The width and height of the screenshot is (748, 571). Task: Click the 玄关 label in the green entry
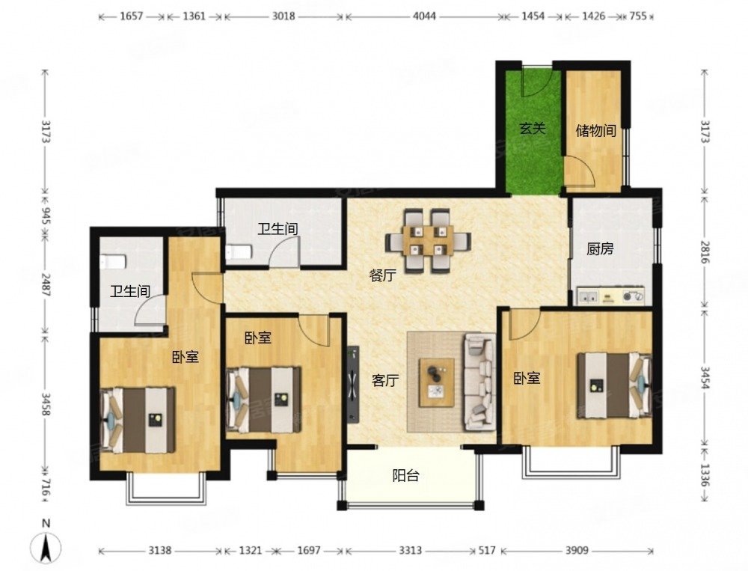point(533,128)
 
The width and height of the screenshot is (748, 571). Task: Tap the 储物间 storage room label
point(595,130)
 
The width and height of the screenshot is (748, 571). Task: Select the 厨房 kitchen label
point(600,248)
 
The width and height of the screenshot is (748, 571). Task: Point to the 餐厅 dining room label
point(382,275)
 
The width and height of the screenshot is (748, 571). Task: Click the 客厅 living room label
point(385,380)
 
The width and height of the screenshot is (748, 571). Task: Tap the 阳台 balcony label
point(406,475)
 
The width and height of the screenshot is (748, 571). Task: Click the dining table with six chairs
point(428,241)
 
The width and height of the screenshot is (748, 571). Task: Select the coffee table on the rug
point(437,383)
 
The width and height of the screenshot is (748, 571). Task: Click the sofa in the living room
point(480,380)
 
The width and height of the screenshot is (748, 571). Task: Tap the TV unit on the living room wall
point(353,385)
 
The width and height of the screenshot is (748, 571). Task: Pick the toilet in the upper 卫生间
point(238,252)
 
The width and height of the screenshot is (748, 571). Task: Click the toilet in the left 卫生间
point(113,262)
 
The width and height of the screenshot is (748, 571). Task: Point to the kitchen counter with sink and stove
point(610,296)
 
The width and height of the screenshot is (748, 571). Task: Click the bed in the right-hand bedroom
point(614,385)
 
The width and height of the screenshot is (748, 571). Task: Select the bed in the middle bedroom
point(263,400)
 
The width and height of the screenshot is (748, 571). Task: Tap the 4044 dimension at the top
point(424,16)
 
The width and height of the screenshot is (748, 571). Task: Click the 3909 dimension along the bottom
point(577,551)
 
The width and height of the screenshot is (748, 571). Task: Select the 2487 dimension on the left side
point(46,284)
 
